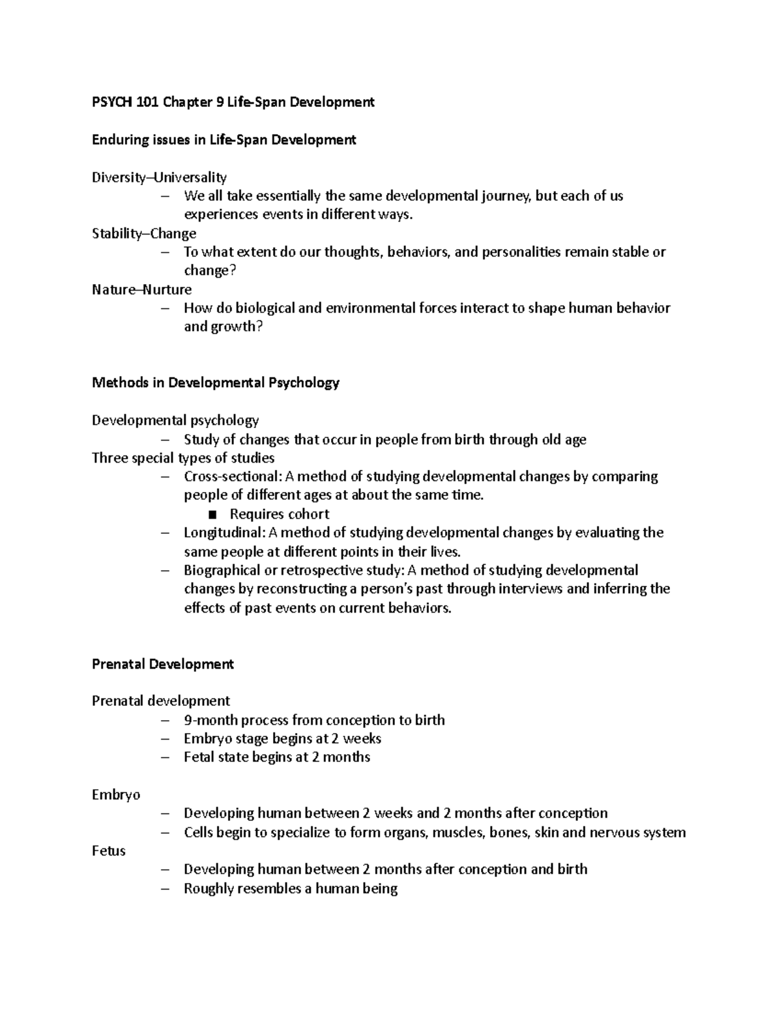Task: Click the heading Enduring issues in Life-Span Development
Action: click(x=224, y=139)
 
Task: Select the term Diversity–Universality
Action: click(x=159, y=177)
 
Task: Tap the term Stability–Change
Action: click(x=144, y=233)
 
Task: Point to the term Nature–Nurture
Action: click(x=141, y=289)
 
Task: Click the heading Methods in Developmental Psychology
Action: click(x=215, y=383)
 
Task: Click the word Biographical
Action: click(x=220, y=570)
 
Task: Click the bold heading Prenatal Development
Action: click(x=163, y=664)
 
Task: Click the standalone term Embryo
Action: click(x=116, y=795)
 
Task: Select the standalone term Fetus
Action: click(x=109, y=851)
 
